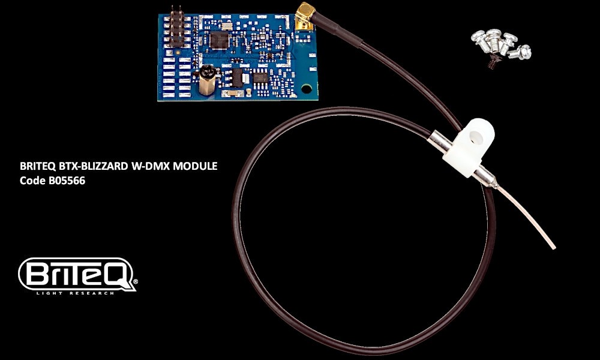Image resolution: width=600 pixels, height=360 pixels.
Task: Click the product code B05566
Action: tap(67, 181)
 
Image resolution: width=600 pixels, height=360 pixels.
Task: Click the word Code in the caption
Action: tap(32, 181)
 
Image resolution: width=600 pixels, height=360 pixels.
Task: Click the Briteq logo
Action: tap(77, 275)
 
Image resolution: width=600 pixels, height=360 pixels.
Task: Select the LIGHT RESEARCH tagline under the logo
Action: tap(76, 293)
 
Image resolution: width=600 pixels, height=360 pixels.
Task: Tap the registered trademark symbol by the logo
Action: tap(135, 282)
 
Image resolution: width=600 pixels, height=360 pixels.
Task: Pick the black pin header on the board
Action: tap(177, 28)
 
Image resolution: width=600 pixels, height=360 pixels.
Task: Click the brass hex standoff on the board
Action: tap(207, 80)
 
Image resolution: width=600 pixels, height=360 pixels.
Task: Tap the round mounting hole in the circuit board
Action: tap(307, 89)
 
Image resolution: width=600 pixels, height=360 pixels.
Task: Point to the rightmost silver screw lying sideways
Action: tap(521, 52)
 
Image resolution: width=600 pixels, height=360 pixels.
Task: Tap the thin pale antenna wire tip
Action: tap(553, 248)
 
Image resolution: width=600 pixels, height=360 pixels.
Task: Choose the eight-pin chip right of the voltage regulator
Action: tap(260, 77)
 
